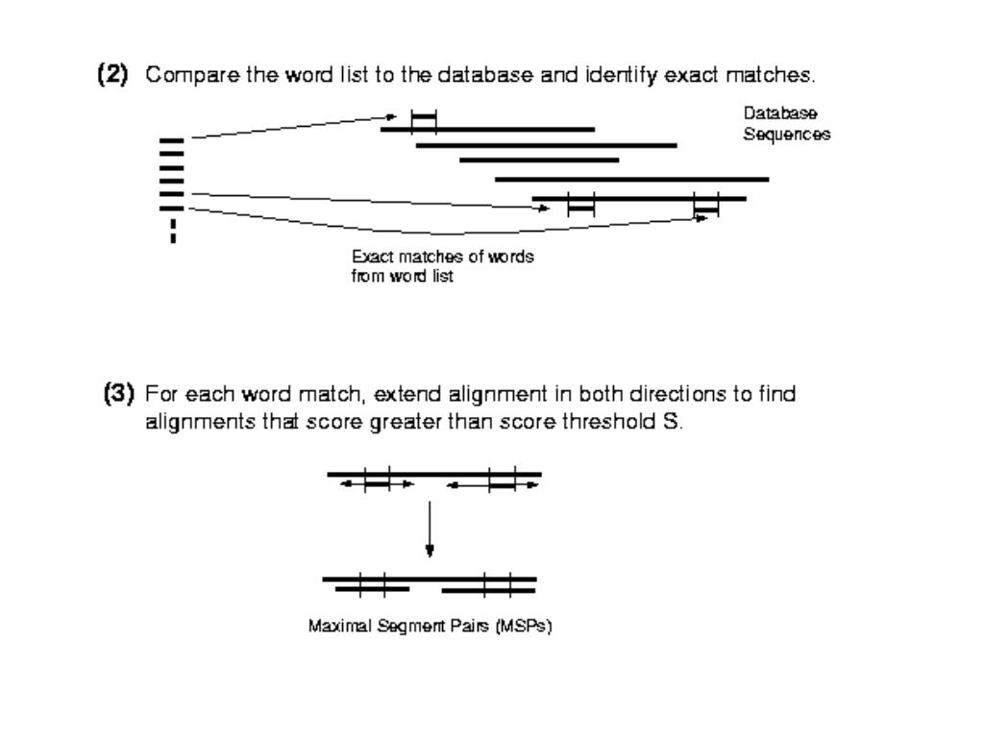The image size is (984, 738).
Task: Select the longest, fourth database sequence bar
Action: point(631,179)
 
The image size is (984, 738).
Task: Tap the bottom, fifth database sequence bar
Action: point(638,199)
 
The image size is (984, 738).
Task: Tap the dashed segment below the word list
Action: point(173,231)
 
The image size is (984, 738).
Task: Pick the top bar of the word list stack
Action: point(172,141)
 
